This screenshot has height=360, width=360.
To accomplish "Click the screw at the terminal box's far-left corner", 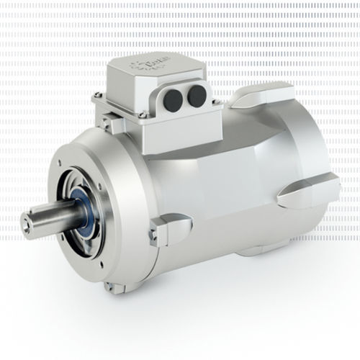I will tap(96, 99).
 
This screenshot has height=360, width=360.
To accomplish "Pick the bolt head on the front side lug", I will tap(153, 234).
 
